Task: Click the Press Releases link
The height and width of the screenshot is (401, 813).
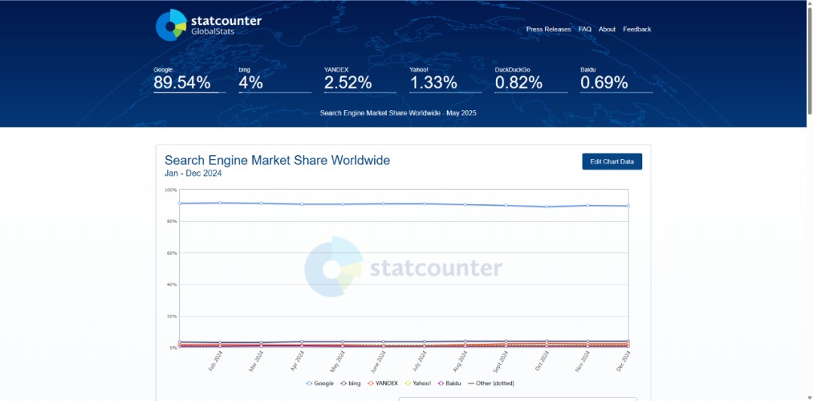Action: click(548, 29)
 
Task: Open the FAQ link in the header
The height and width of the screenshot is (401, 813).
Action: click(585, 29)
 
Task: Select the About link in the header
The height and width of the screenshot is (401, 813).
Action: click(607, 29)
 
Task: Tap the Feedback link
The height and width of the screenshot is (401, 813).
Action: click(637, 29)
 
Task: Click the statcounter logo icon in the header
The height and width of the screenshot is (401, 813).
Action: click(171, 25)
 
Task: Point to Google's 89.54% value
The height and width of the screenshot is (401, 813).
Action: click(182, 83)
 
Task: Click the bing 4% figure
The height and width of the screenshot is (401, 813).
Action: click(251, 83)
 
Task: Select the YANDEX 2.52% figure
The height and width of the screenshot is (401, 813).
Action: click(348, 83)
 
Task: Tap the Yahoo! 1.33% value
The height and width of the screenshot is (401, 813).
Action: click(434, 83)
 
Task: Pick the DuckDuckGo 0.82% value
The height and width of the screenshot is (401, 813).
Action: click(519, 83)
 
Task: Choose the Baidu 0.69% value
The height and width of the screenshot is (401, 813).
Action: click(604, 83)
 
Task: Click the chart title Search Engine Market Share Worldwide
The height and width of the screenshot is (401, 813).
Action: click(277, 160)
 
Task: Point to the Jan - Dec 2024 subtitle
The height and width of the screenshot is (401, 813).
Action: click(193, 173)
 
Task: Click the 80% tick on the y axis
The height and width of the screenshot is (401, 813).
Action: click(171, 222)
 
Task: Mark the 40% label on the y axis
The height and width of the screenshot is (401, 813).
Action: click(171, 285)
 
